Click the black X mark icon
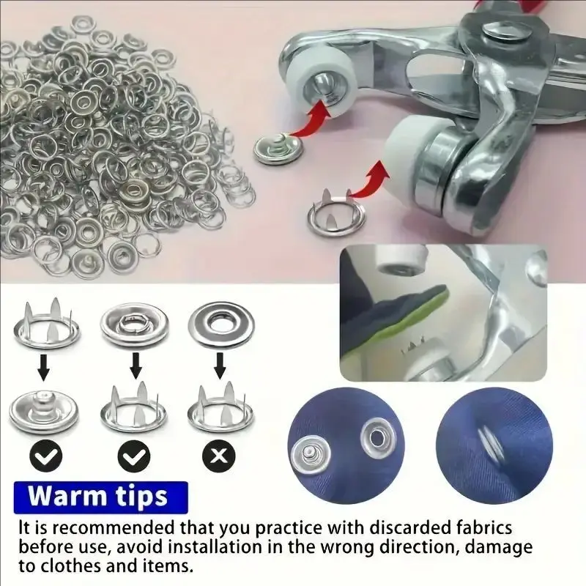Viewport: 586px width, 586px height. point(219,456)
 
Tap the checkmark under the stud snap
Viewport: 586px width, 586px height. point(46,456)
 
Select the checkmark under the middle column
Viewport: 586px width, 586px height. point(134,456)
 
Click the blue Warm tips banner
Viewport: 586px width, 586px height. point(101,497)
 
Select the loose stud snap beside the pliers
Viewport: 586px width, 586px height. point(278,149)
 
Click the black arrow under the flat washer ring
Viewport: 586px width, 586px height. point(220,365)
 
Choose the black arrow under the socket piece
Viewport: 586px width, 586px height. point(136,366)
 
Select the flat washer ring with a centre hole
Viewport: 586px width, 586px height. point(221,324)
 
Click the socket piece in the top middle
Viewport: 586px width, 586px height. point(134,324)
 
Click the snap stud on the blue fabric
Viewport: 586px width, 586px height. point(310,454)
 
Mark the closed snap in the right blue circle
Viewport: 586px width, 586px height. point(491,445)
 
